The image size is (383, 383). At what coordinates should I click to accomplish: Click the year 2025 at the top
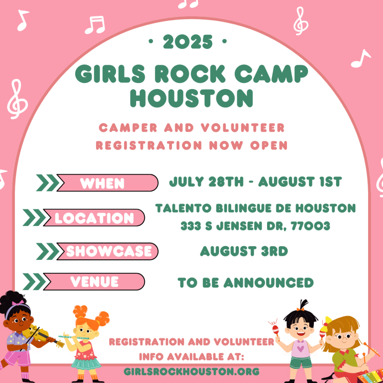188,42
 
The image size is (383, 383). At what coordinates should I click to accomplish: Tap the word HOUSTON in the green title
191,98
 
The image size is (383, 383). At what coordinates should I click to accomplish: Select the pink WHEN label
107,183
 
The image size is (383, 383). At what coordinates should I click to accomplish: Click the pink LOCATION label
94,218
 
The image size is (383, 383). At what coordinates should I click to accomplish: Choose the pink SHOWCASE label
107,251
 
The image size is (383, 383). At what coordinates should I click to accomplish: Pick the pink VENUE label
94,282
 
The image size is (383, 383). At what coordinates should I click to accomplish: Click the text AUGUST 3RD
244,251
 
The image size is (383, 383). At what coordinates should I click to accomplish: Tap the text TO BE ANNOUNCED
245,283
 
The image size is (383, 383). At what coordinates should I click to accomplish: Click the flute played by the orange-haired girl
74,338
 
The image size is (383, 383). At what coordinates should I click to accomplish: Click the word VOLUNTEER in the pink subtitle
243,128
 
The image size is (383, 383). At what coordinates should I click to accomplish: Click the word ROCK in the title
190,74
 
